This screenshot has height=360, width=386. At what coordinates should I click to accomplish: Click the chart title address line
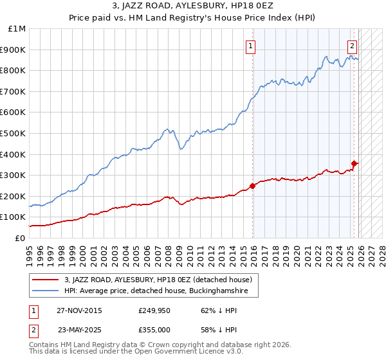pos(192,6)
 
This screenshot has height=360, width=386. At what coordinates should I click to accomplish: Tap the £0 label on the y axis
pos(19,238)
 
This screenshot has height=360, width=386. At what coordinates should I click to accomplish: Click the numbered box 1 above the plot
pos(250,45)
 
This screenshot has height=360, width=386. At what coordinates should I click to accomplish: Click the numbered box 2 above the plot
pos(353,45)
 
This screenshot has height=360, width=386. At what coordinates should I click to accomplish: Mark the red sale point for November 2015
pos(252,186)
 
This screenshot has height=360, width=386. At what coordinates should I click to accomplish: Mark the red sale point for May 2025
pos(354,163)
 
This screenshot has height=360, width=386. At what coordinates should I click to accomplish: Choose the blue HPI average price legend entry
pos(160,291)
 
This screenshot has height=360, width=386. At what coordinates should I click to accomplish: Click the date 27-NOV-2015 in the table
pos(79,310)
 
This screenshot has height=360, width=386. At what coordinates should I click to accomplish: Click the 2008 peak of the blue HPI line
pos(167,129)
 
